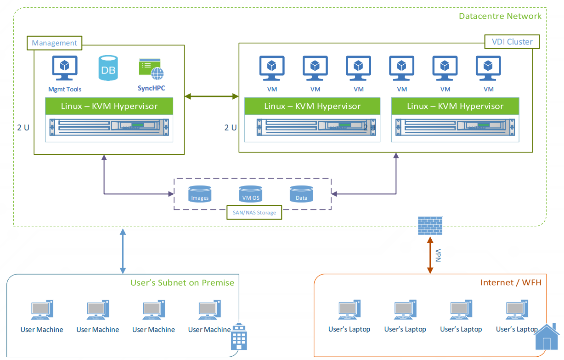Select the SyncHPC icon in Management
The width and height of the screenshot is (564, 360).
151,70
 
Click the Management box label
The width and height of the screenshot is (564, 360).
55,43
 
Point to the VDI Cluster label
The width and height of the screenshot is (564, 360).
512,42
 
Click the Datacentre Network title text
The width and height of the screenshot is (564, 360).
500,16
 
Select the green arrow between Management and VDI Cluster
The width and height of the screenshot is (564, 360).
211,96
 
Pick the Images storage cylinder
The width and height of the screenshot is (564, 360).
200,194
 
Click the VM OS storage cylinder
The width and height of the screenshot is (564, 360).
250,194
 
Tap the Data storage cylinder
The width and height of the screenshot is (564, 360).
301,194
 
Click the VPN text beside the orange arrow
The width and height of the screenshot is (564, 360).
438,255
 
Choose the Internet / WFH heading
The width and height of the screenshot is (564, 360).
511,282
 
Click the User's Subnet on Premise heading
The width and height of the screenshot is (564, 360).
182,282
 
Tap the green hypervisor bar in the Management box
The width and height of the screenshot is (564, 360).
109,107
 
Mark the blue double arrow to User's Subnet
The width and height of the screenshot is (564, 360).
123,251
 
